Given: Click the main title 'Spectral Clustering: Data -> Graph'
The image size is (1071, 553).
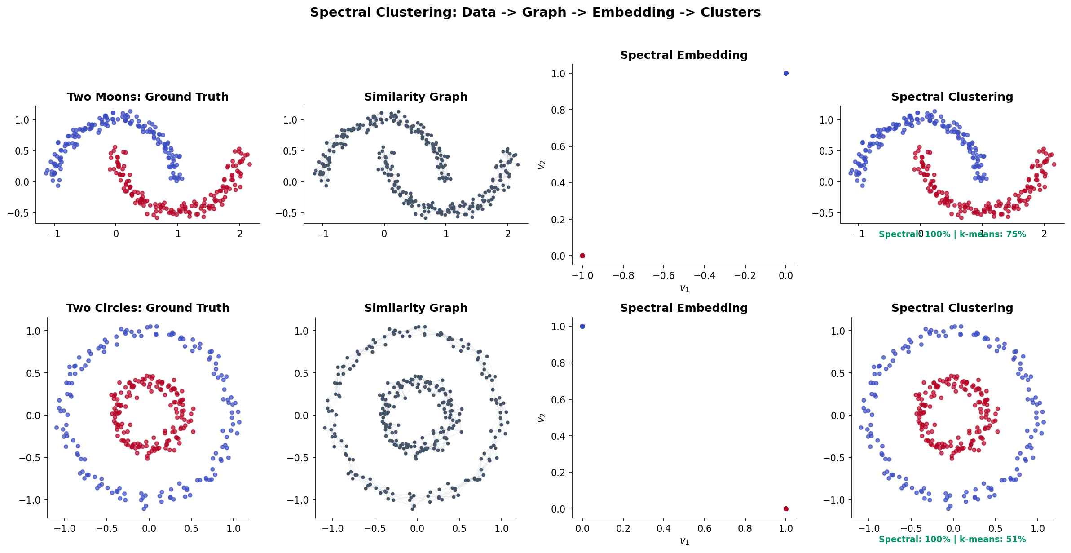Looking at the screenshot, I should pyautogui.click(x=535, y=13).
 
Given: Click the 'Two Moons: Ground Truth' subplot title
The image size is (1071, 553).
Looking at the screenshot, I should pyautogui.click(x=148, y=97).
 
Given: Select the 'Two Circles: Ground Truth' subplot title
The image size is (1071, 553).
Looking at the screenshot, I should pyautogui.click(x=148, y=308).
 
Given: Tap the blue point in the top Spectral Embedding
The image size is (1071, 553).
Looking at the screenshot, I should pyautogui.click(x=786, y=73).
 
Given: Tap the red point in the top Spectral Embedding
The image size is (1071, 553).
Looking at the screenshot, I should pyautogui.click(x=582, y=256).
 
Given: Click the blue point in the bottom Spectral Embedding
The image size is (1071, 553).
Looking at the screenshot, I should pyautogui.click(x=582, y=326).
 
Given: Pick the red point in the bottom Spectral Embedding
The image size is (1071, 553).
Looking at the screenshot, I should pyautogui.click(x=786, y=509).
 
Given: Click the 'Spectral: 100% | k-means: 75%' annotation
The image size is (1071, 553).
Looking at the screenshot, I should pyautogui.click(x=952, y=234).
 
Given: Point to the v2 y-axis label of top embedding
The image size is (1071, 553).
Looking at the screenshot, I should pyautogui.click(x=542, y=164).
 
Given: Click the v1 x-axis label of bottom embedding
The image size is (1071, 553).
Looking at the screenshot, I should pyautogui.click(x=684, y=541).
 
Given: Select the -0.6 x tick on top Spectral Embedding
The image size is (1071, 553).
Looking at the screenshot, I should pyautogui.click(x=664, y=276).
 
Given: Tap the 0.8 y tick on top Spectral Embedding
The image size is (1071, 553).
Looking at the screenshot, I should pyautogui.click(x=559, y=110).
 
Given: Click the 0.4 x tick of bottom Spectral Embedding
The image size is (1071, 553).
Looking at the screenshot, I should pyautogui.click(x=664, y=529).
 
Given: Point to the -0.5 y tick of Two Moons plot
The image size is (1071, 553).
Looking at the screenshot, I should pyautogui.click(x=18, y=213).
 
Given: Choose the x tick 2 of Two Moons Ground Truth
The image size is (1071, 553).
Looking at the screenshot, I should pyautogui.click(x=240, y=234).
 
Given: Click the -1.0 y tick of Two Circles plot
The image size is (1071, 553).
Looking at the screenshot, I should pyautogui.click(x=29, y=500).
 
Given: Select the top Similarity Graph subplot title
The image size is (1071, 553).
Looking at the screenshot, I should pyautogui.click(x=416, y=97).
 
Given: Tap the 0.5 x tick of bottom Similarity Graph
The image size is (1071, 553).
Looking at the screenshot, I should pyautogui.click(x=459, y=529).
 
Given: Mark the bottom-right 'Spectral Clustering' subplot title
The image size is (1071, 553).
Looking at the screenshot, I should pyautogui.click(x=952, y=308).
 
